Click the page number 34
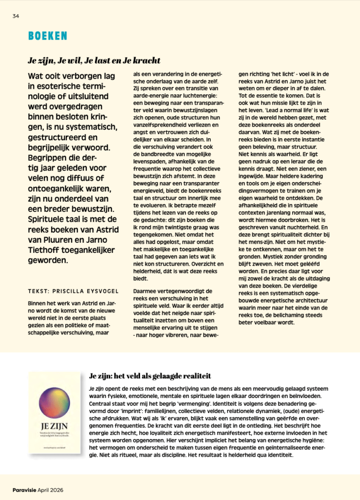pos(16,16)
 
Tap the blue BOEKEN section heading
pos(47,36)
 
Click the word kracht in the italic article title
pos(145,61)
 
